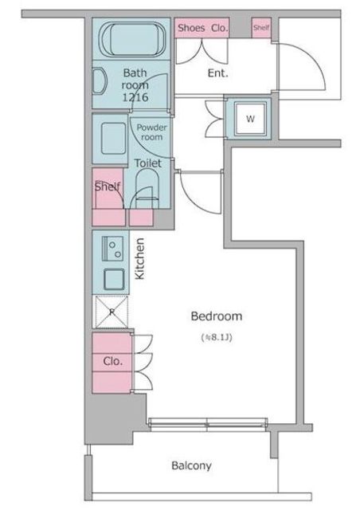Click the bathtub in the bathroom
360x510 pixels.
(x=132, y=39)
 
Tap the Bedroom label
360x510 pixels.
(x=217, y=316)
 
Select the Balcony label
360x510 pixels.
(x=191, y=465)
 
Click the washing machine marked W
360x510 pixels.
(x=250, y=119)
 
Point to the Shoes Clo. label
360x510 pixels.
(x=202, y=28)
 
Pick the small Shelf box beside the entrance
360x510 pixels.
(x=261, y=28)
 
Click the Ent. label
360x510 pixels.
(x=217, y=73)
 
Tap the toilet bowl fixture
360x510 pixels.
(x=147, y=190)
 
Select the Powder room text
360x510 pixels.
(x=151, y=132)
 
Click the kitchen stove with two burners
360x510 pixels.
(x=112, y=249)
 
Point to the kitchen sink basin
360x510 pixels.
(x=114, y=279)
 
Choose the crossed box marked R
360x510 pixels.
(x=112, y=312)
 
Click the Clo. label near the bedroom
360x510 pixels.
(x=113, y=361)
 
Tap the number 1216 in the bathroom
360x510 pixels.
(x=135, y=97)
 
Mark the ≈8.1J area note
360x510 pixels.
(x=217, y=337)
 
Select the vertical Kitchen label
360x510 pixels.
(x=139, y=258)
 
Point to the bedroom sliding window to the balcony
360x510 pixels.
(x=208, y=423)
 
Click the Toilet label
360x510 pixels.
(x=148, y=163)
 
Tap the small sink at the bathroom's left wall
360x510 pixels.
(x=100, y=81)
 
